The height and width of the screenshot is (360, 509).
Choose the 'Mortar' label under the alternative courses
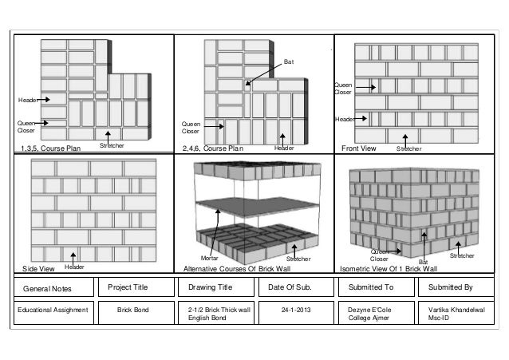(x=209, y=259)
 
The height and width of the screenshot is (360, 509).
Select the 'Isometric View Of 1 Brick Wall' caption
(x=389, y=269)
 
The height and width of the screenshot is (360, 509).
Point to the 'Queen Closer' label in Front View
(x=342, y=88)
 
